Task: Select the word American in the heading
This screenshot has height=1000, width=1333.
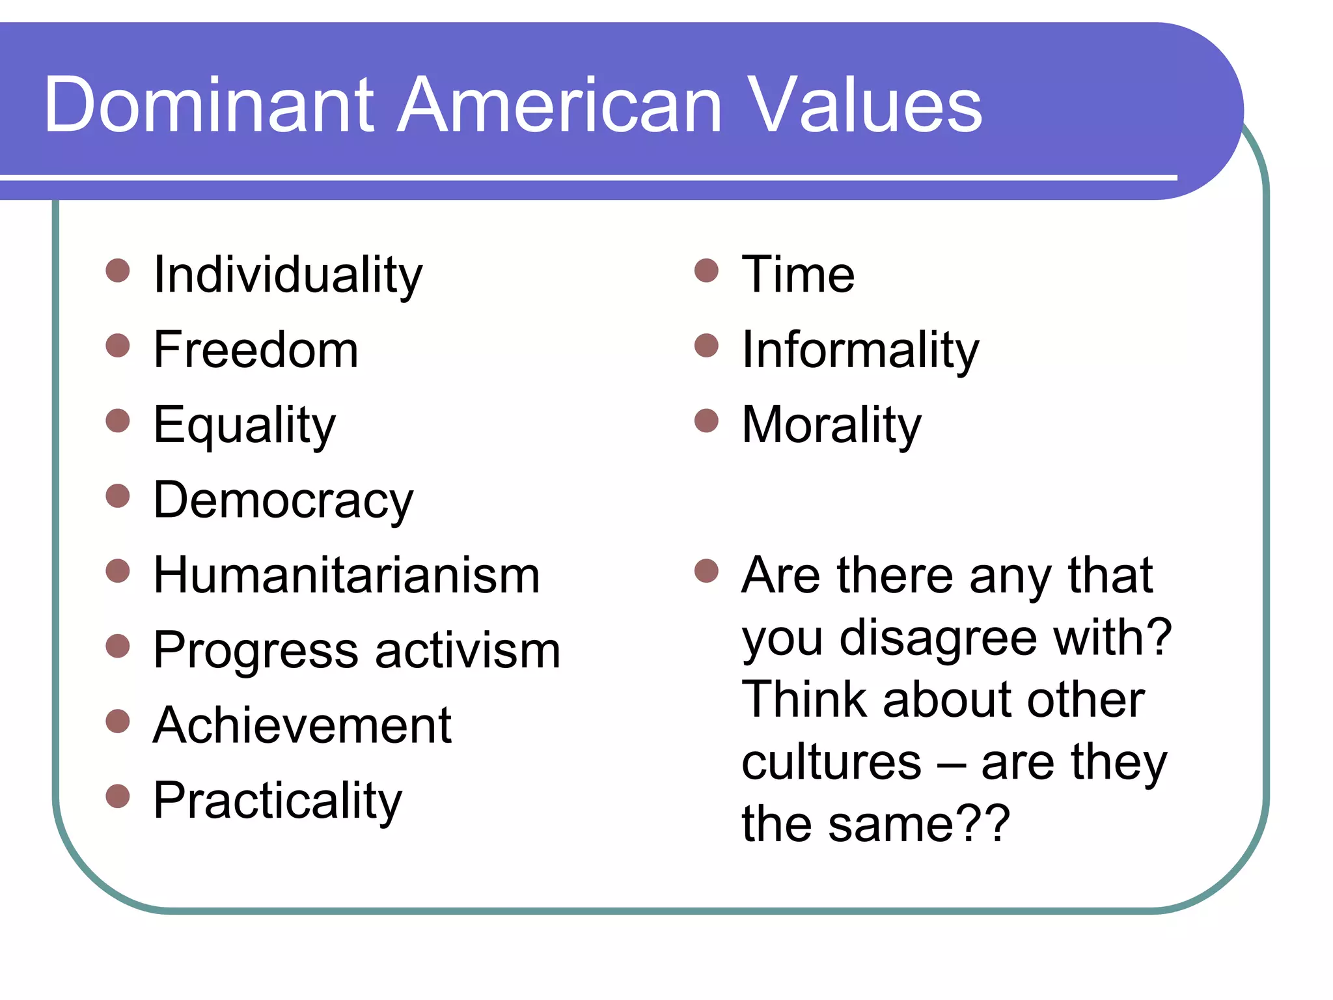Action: pos(560,105)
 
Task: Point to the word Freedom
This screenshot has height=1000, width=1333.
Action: pos(256,350)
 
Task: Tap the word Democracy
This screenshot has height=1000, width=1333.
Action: pos(283,501)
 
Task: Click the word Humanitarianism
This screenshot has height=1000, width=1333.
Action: pos(346,576)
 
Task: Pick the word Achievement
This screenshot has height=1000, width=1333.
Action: pos(302,726)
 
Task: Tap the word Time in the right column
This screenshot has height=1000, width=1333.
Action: pos(798,275)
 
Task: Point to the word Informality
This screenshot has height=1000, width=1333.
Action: pos(860,350)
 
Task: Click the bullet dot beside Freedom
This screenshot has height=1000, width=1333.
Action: pos(118,346)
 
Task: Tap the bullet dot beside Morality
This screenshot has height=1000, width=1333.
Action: pos(706,421)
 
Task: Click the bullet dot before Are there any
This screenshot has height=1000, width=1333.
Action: pos(706,571)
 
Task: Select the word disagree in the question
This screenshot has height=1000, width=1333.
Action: pos(938,639)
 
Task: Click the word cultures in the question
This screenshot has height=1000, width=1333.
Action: pos(831,762)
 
